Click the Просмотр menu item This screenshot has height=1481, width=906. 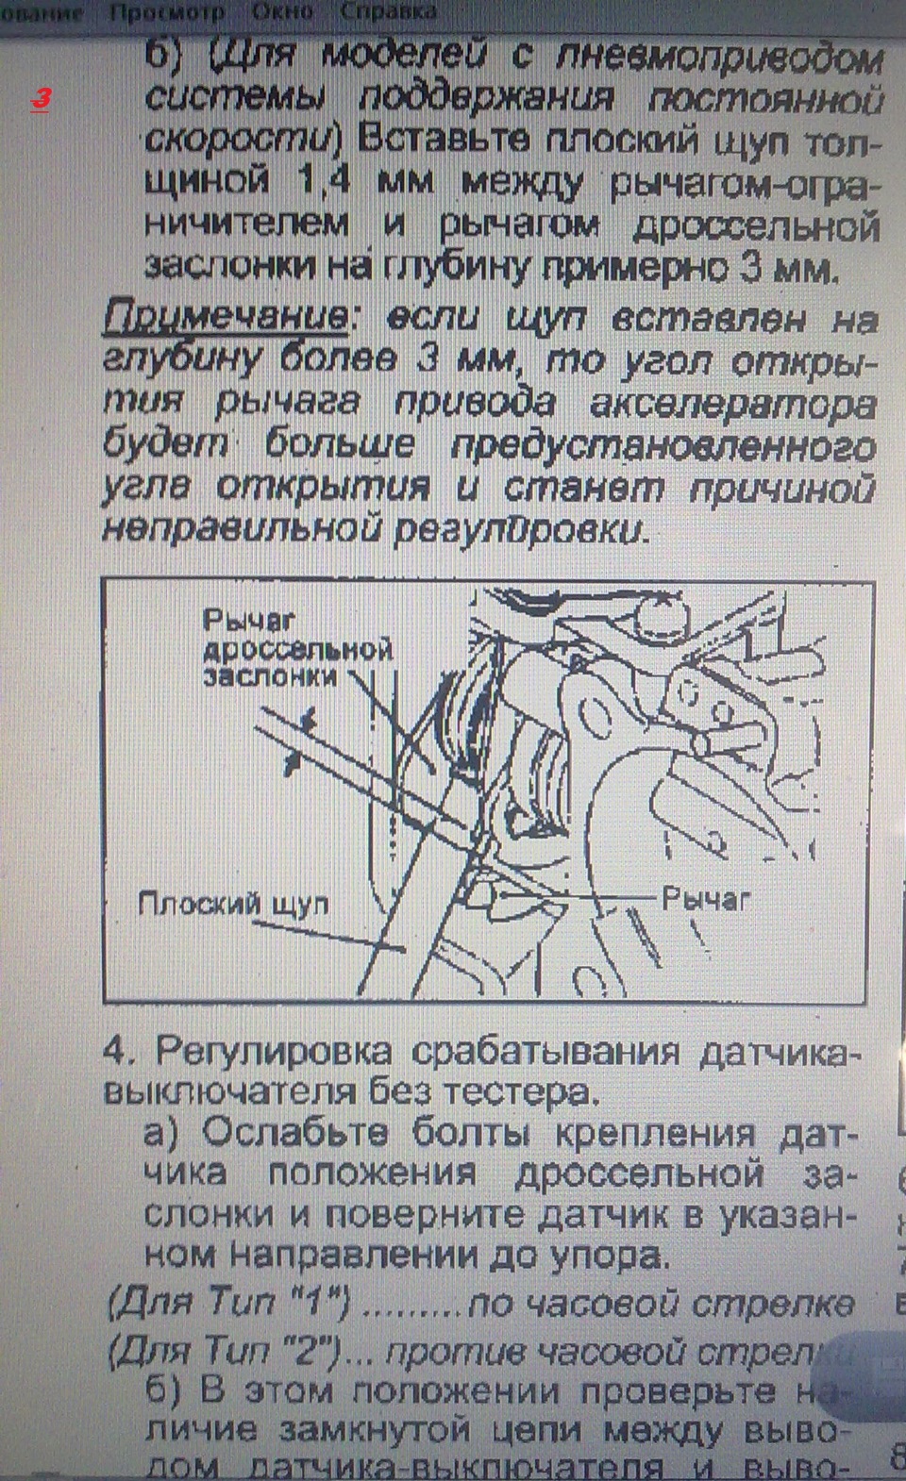(x=166, y=12)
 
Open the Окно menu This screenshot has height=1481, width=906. (x=283, y=12)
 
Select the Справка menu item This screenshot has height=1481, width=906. (x=389, y=12)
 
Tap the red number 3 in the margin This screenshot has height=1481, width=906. (x=41, y=98)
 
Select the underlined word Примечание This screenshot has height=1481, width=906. (x=225, y=319)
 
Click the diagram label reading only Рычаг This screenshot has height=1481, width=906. (x=706, y=899)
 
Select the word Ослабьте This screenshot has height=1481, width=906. (x=281, y=1133)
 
